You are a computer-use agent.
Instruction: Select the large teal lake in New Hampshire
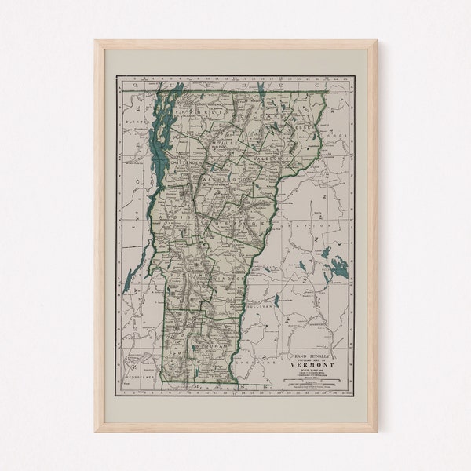pyautogui.click(x=338, y=269)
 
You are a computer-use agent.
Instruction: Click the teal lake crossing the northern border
pyautogui.click(x=260, y=93)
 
